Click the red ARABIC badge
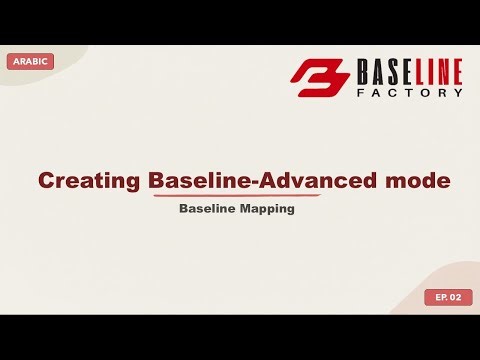[x=29, y=62]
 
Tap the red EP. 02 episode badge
[x=448, y=297]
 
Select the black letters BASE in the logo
[x=382, y=72]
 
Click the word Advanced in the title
[x=331, y=181]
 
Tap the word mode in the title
[x=417, y=181]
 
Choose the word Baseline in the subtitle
[x=206, y=210]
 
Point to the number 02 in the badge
[x=456, y=297]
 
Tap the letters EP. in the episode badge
[x=440, y=297]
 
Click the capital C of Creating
[x=46, y=181]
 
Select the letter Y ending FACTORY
[x=458, y=92]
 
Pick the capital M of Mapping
[x=245, y=210]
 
